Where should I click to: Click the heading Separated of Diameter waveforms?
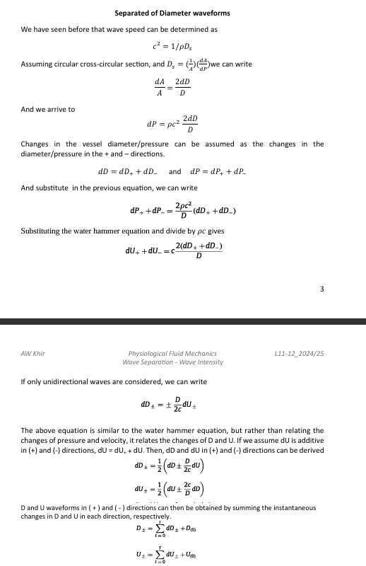coord(172,13)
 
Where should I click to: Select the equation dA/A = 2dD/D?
coord(172,88)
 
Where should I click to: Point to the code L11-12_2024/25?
coord(299,352)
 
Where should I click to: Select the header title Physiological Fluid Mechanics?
coord(172,352)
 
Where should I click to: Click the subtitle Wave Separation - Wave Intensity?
coord(172,362)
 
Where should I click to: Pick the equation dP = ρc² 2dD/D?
coord(172,125)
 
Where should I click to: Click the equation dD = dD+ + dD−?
coord(130,171)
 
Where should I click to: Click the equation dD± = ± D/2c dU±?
coord(172,406)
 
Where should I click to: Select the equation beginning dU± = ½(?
coord(172,471)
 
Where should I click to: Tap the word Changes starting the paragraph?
coord(35,144)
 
